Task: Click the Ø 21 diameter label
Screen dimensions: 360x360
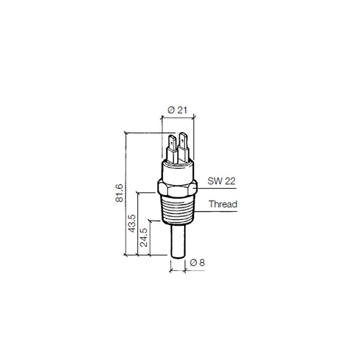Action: coord(177,109)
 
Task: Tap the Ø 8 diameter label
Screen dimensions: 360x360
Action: coord(197,262)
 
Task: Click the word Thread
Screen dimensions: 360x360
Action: coord(223,204)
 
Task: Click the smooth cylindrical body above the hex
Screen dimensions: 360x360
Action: coord(177,171)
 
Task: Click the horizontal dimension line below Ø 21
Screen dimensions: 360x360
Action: coord(177,118)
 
